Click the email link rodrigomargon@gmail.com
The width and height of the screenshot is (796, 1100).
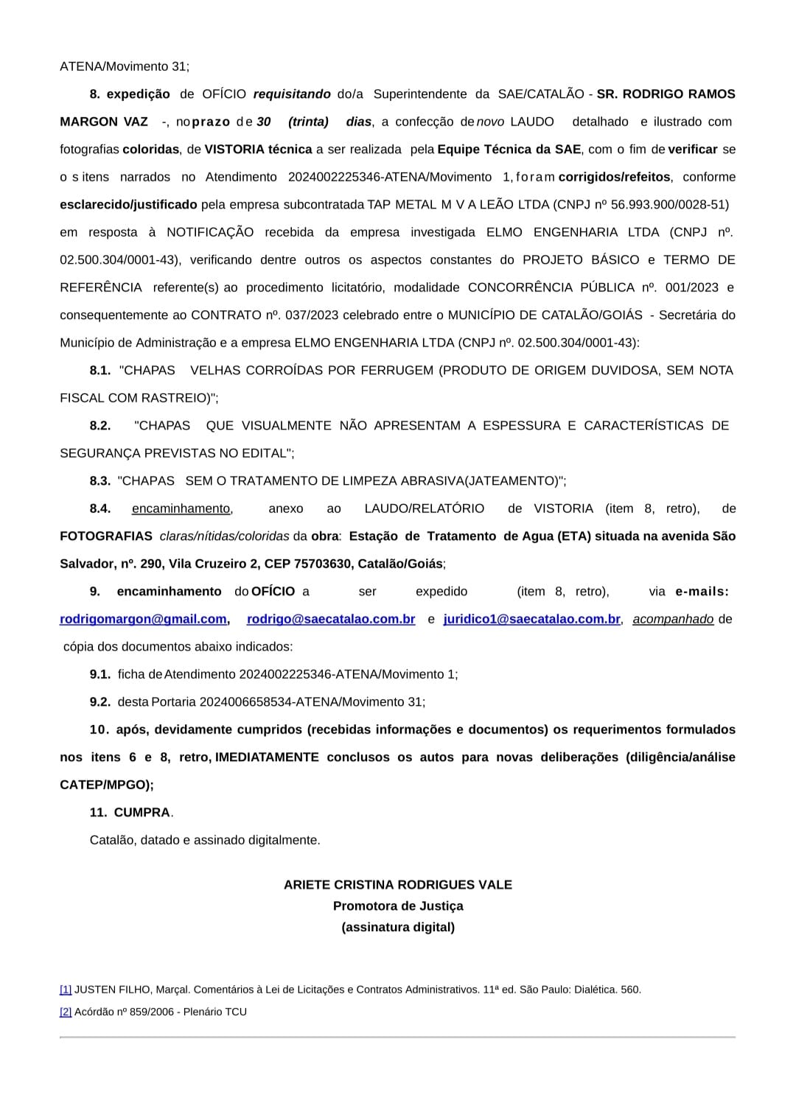(143, 620)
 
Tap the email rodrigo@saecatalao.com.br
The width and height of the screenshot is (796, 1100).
(331, 620)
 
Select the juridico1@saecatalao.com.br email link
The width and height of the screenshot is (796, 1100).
(531, 620)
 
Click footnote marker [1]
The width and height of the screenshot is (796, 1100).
(66, 989)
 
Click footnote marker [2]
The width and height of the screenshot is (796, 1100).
(66, 1012)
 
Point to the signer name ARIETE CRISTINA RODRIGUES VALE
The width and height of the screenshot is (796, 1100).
(397, 885)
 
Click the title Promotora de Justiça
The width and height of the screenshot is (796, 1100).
(397, 906)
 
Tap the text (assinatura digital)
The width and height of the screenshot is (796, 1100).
(397, 928)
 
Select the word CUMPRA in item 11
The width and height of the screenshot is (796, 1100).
(142, 813)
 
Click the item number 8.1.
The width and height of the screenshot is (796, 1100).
(100, 371)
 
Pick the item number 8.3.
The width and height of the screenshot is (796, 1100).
(100, 481)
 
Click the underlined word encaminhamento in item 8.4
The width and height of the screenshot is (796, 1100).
(181, 509)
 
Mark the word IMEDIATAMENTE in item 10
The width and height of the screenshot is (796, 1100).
(267, 757)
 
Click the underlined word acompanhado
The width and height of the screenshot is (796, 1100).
(673, 620)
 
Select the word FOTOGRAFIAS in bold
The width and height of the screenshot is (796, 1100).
(106, 536)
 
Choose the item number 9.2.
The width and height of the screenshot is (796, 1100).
(100, 702)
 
